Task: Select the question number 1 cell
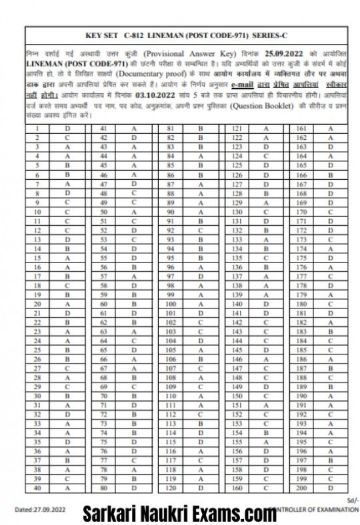(x=38, y=129)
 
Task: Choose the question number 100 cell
(x=170, y=304)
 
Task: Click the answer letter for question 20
(x=68, y=304)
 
